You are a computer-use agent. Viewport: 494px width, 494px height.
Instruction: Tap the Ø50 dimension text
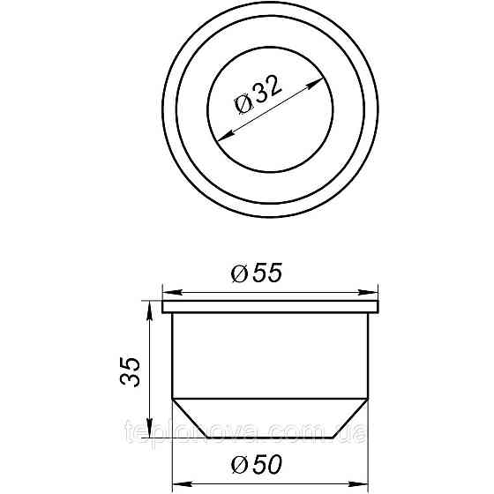point(257,462)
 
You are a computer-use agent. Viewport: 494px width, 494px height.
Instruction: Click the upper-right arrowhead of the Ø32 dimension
point(314,82)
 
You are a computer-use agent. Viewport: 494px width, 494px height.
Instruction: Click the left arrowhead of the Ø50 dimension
point(176,483)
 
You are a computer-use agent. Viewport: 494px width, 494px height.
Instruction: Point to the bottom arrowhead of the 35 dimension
point(146,434)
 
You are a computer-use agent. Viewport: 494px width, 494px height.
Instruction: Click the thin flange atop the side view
point(271,307)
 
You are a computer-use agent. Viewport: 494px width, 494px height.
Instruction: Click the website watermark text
point(246,433)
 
